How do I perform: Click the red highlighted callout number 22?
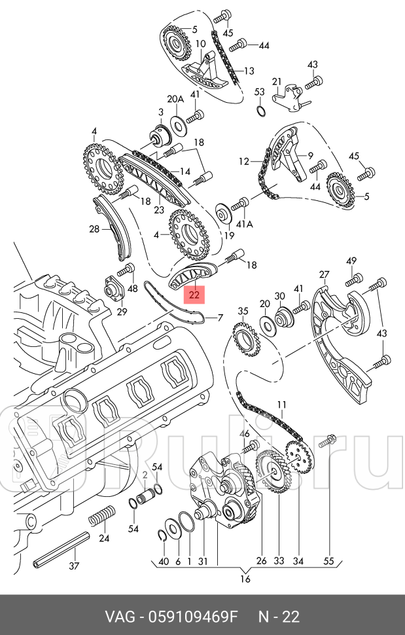[x=194, y=295]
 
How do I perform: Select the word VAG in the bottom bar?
[x=122, y=617]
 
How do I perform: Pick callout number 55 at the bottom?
[x=328, y=560]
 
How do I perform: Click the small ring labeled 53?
[x=260, y=109]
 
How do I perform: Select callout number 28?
[x=94, y=229]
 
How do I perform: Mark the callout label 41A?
[x=244, y=223]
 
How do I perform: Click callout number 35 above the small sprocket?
[x=243, y=311]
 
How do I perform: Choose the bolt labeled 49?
[x=353, y=280]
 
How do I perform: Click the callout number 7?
[x=220, y=318]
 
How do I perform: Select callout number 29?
[x=122, y=311]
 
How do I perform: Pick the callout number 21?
[x=277, y=82]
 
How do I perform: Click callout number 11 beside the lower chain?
[x=281, y=405]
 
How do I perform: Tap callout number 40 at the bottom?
[x=164, y=560]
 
